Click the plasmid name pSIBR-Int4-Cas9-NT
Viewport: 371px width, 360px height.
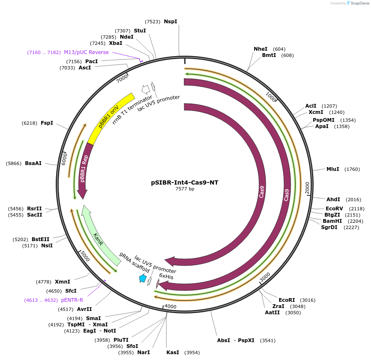[185, 182]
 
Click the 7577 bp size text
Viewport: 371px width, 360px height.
[185, 189]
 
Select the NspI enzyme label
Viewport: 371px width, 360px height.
[171, 22]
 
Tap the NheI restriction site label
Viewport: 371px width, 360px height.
[261, 49]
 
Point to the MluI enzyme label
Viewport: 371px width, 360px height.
[333, 169]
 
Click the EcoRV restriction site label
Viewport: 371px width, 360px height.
[334, 209]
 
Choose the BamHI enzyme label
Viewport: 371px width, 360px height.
[332, 221]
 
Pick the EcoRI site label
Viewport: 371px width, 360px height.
[287, 300]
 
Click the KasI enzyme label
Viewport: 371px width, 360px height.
[173, 353]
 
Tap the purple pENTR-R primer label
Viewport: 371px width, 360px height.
[72, 300]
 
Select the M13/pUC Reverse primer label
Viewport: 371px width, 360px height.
[86, 52]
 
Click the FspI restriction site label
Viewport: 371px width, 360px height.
[47, 123]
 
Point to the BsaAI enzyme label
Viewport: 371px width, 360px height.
[33, 163]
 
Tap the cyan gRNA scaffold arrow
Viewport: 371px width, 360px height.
[143, 279]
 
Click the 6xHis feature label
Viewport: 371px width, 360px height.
[166, 276]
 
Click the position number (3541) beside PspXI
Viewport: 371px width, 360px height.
[267, 340]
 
